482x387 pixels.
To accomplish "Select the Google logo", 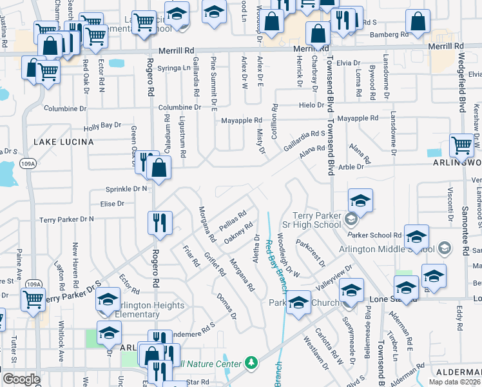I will [21, 379].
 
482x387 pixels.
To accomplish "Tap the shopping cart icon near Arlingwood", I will [461, 146].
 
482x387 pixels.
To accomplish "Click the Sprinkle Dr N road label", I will [127, 189].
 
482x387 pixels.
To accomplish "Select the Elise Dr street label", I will [112, 204].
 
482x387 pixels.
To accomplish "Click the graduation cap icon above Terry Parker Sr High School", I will [360, 200].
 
